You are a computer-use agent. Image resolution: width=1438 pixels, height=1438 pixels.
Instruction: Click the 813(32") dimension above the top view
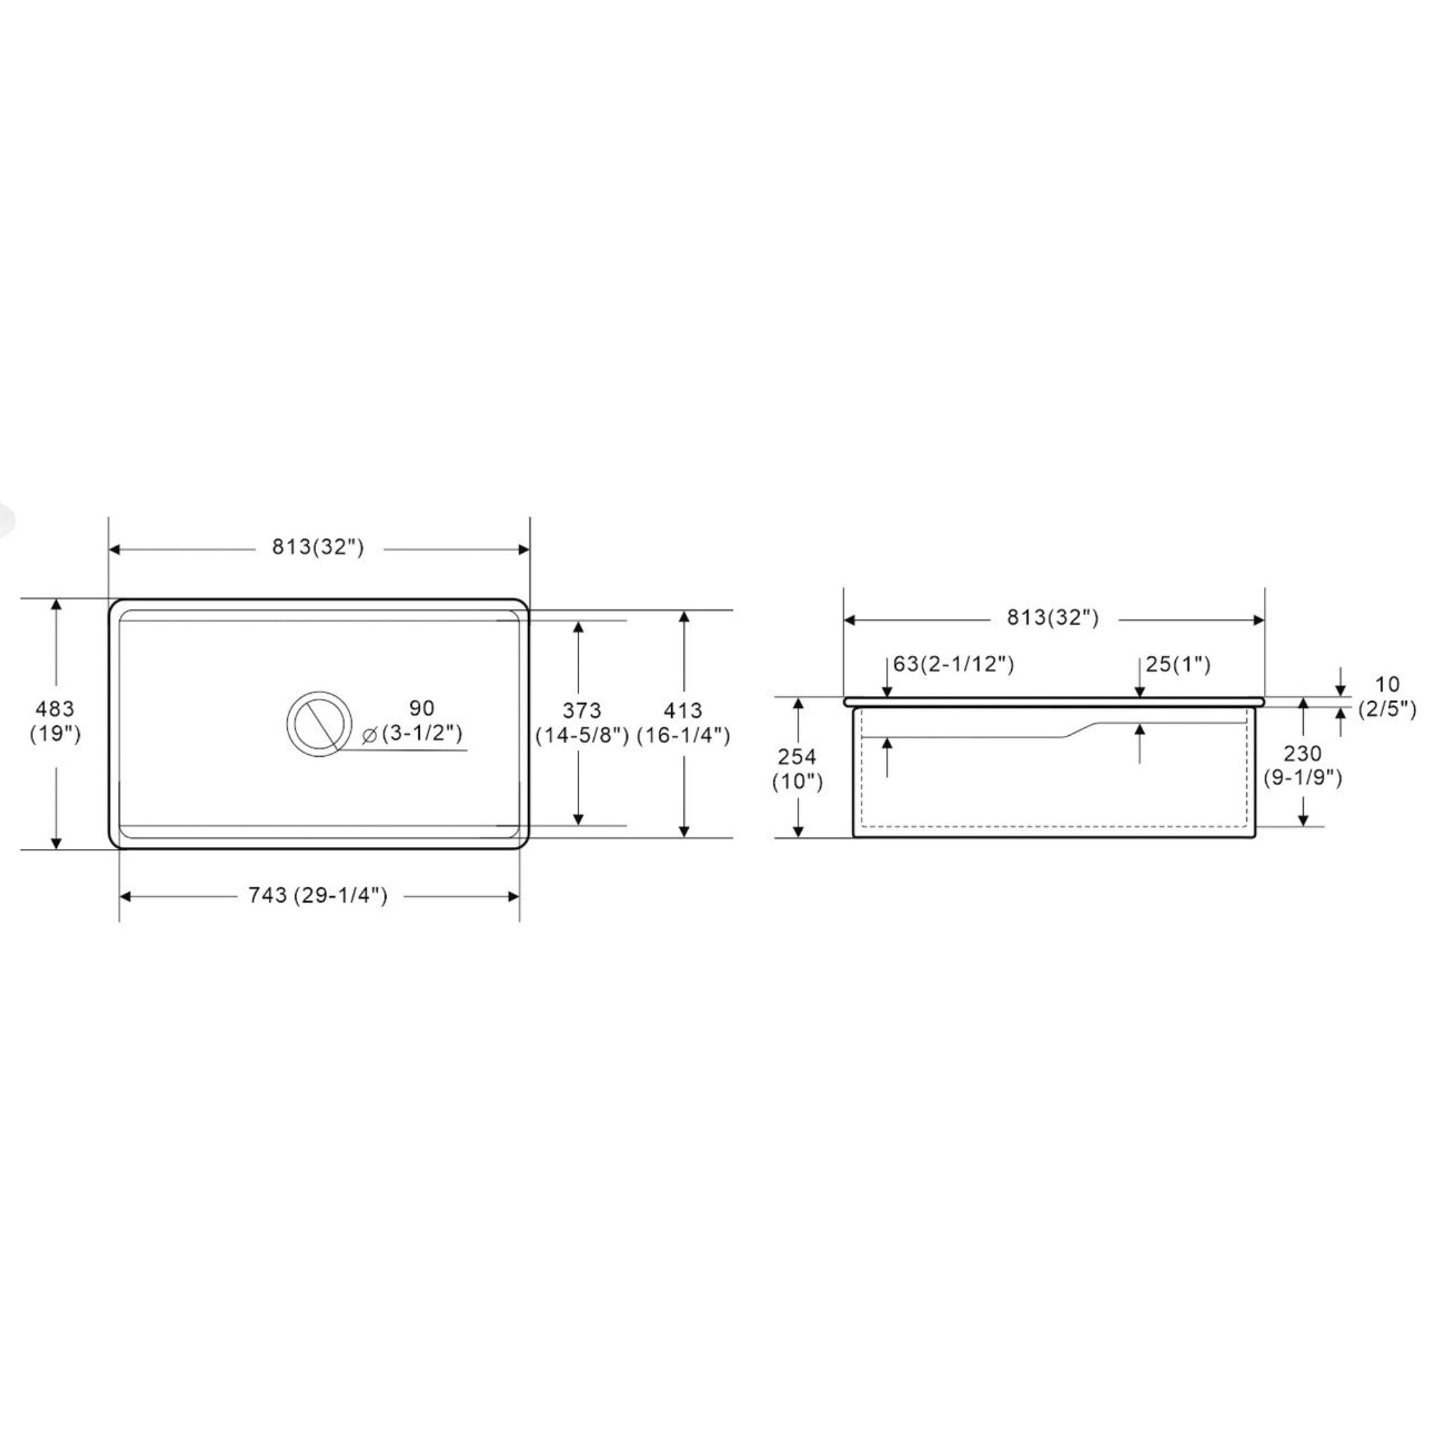pyautogui.click(x=318, y=548)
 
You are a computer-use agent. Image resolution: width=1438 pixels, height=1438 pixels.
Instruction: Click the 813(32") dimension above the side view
pyautogui.click(x=1053, y=618)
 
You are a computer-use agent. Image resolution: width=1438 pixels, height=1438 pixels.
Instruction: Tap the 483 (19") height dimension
pyautogui.click(x=55, y=721)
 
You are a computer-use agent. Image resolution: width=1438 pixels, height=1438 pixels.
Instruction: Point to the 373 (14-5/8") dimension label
pyautogui.click(x=582, y=723)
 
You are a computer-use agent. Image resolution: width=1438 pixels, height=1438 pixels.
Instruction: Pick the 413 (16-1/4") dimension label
pyautogui.click(x=683, y=723)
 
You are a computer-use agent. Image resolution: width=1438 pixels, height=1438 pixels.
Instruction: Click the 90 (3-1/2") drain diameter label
pyautogui.click(x=413, y=720)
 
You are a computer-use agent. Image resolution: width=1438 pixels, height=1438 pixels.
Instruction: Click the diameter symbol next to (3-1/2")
pyautogui.click(x=369, y=735)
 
